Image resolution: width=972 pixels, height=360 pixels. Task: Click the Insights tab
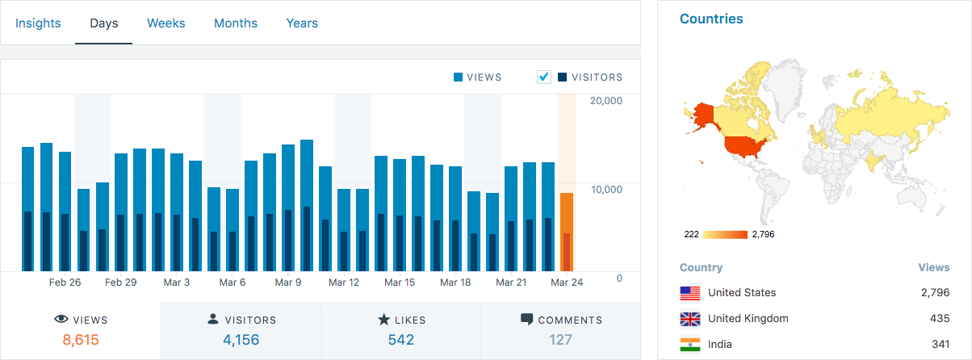pos(38,23)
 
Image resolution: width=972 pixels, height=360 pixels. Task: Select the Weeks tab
pos(166,23)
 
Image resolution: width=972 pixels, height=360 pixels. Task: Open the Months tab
pos(236,23)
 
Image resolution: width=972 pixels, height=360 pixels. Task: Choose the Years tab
pos(302,23)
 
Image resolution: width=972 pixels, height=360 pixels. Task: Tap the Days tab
pos(104,23)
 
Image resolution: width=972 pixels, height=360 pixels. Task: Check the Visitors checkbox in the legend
pos(544,77)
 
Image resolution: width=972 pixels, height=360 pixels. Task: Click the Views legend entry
pos(478,77)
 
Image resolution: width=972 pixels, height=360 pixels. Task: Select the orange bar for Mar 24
pos(567,232)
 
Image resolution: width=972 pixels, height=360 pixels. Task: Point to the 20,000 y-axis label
pos(606,101)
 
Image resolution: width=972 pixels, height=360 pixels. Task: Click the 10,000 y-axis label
pos(606,190)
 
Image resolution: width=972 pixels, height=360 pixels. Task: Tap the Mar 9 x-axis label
pos(288,283)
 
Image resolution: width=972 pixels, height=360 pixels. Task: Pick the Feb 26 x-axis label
pos(65,283)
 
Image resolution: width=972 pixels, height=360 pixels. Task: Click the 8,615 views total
pos(80,340)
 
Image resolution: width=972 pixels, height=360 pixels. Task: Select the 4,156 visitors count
pos(241,340)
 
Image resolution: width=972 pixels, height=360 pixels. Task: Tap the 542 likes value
pos(400,340)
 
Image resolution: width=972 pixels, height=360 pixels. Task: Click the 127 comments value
pos(560,340)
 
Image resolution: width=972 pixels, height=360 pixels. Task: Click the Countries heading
pos(711,19)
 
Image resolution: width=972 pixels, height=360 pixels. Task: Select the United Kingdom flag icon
pos(690,318)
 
